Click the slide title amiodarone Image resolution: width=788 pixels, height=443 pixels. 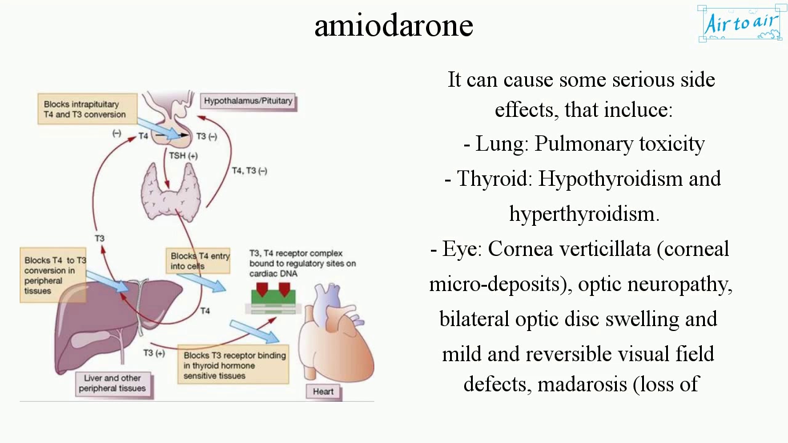[393, 26]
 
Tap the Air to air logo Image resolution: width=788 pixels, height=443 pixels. [741, 24]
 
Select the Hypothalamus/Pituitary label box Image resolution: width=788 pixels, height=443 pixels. [248, 101]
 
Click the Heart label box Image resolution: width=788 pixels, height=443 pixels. [323, 391]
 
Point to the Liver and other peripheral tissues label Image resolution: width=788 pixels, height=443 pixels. [112, 383]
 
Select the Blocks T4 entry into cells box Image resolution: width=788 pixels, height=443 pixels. [199, 261]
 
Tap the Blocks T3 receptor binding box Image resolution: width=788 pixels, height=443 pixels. [234, 365]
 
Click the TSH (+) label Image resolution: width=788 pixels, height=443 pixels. [183, 156]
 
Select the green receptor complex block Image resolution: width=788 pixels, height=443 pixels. [273, 297]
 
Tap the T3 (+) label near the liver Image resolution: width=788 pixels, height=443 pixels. [154, 353]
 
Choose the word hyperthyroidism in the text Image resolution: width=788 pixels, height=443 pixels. [584, 214]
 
